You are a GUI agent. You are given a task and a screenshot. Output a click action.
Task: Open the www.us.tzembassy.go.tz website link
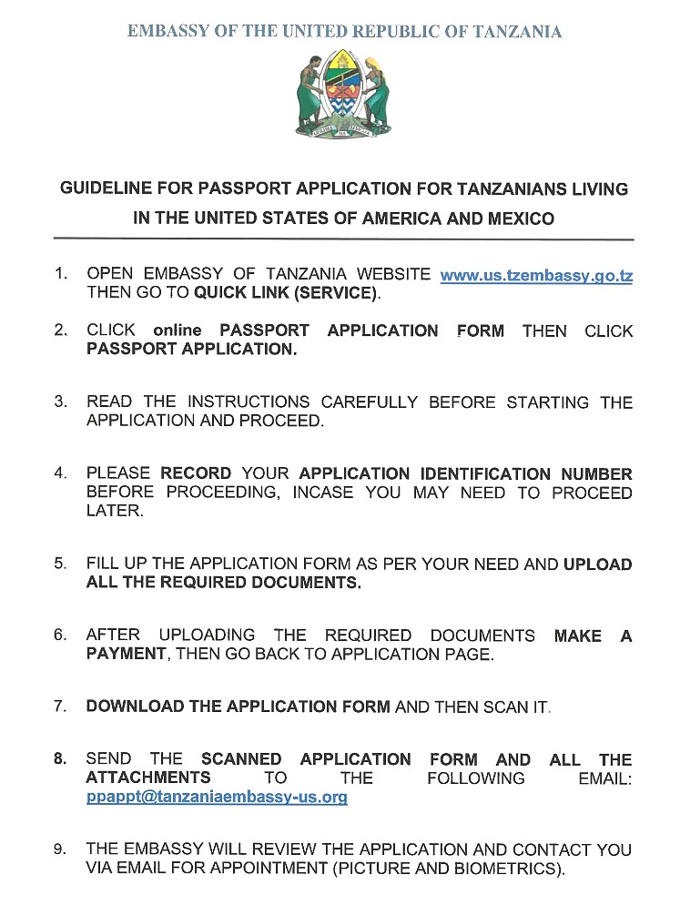[536, 274]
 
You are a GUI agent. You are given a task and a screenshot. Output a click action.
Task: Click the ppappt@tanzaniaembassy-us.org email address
[217, 797]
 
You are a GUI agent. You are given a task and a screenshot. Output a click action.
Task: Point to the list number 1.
[60, 274]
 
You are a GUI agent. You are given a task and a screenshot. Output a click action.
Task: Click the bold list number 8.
[60, 759]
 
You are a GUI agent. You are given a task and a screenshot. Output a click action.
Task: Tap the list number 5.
[60, 564]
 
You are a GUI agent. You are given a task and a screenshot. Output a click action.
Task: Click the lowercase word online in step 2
[177, 330]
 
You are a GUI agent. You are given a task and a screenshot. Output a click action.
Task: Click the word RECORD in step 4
[196, 473]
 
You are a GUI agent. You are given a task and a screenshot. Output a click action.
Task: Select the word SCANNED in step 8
[241, 759]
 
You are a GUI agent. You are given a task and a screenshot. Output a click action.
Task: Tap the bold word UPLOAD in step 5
[597, 564]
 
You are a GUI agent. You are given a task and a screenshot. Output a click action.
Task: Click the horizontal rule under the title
[344, 239]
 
